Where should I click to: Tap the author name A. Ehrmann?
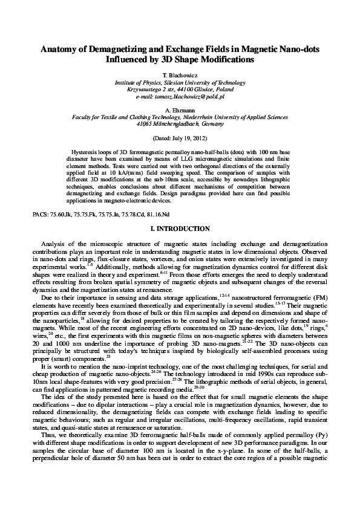180,111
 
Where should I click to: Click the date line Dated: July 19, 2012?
180,138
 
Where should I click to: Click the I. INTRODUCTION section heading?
180,229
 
